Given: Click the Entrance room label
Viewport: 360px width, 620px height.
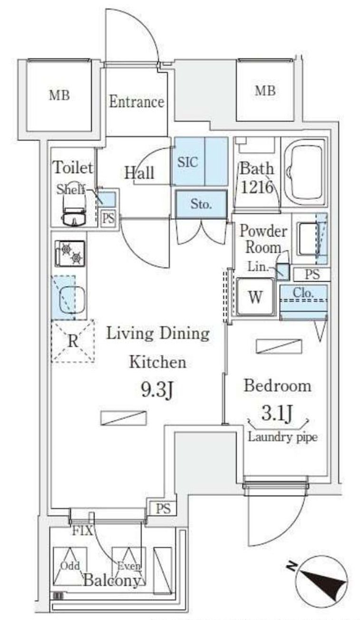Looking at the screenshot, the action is coord(136,102).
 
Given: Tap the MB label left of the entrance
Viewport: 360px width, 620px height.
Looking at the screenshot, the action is coord(59,96).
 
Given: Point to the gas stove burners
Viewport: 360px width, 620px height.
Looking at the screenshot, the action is coord(70,254).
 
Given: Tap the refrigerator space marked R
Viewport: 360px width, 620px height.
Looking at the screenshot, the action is coord(73,341).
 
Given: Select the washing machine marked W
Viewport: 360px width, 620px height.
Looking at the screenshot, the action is coord(255,297).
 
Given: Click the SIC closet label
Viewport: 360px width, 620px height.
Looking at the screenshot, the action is coord(188,162).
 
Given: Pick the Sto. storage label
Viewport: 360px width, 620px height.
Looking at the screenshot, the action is coord(201,204).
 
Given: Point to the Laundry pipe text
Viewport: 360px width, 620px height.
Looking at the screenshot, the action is coord(282,438).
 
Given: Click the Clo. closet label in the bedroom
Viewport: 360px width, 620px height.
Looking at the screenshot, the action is coord(303,293).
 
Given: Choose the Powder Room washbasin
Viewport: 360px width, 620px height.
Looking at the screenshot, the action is coord(308,239).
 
